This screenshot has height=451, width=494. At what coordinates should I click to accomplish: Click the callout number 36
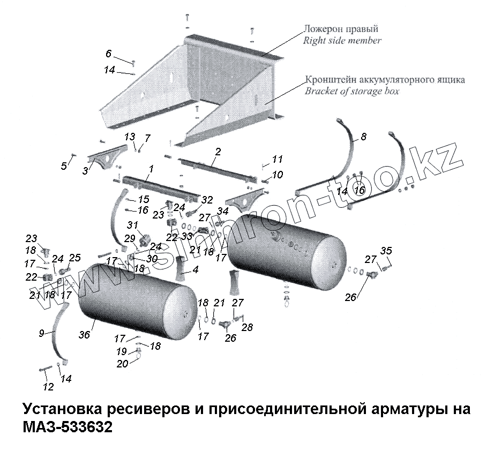pos(84,335)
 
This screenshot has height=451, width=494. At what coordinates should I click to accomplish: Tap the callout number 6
pos(109,54)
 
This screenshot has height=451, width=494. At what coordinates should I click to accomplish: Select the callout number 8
pos(363,137)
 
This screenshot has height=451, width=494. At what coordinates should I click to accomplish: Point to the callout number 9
pos(41,333)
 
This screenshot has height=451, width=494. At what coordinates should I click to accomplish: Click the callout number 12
pos(48,387)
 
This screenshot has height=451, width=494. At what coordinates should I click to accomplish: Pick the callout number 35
pos(386,251)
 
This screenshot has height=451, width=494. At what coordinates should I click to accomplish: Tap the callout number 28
pos(247,327)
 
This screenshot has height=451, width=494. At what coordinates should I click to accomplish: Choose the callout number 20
pos(122,364)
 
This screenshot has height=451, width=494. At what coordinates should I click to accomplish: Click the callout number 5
pos(64,166)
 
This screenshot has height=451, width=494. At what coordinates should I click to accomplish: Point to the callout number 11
pos(277,159)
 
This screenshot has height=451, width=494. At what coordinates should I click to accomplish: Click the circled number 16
pos(359,190)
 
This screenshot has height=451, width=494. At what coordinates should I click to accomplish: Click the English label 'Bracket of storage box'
pos(351,91)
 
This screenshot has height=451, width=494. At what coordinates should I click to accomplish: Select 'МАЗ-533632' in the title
pos(68,428)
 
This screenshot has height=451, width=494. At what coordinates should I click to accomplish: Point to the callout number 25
pos(74,258)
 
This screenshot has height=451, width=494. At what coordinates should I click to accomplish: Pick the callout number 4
pos(195,270)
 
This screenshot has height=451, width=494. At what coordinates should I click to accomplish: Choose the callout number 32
pos(207,200)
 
